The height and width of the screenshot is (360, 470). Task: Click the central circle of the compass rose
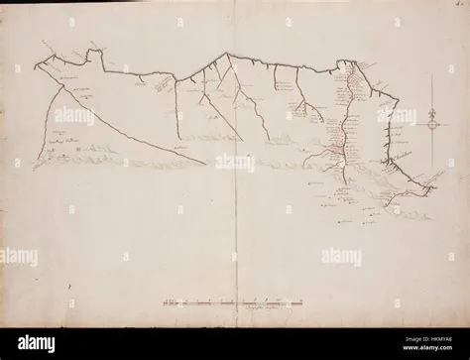tap(432, 123)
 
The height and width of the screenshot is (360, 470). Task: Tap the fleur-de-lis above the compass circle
tap(432, 112)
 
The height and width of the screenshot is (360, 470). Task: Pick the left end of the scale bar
tap(164, 299)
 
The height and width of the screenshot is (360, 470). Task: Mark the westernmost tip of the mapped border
tap(35, 66)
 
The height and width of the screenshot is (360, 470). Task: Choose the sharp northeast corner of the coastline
tap(396, 98)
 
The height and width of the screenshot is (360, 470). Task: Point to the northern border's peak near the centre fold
tap(226, 54)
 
